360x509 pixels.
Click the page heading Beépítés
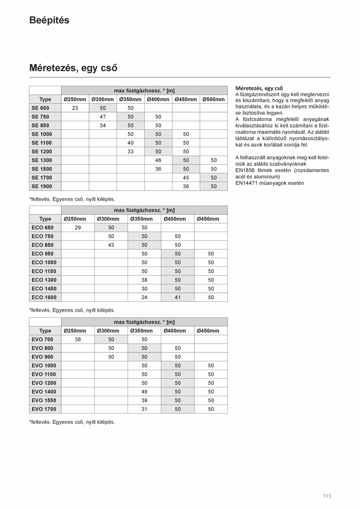(49, 20)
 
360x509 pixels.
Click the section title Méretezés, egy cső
(73, 68)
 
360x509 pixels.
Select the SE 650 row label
(40, 108)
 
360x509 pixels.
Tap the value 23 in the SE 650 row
(75, 108)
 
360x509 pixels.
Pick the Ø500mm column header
(214, 99)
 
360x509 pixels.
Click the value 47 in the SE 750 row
(103, 117)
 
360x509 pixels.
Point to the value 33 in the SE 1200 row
(130, 151)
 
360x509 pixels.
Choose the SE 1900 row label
(41, 186)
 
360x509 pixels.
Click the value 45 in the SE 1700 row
(186, 178)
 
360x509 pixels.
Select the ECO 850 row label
(42, 245)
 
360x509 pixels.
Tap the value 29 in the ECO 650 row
(78, 228)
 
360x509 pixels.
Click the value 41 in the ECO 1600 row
(178, 297)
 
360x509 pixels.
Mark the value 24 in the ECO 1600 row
(144, 297)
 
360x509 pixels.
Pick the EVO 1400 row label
(44, 392)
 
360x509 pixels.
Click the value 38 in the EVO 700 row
(78, 340)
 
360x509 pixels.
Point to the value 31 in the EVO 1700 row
(144, 409)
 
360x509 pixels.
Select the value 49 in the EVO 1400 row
(144, 392)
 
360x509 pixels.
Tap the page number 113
(327, 496)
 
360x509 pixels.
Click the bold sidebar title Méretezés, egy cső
(259, 88)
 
